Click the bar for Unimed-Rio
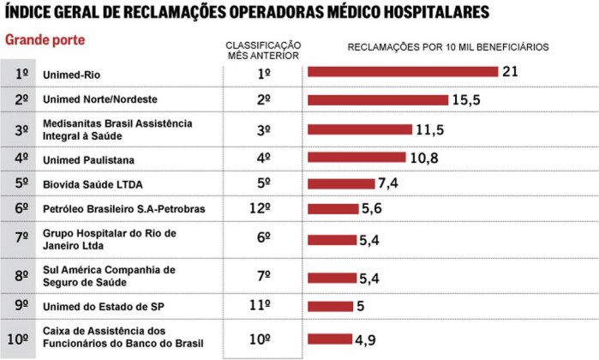pos(403,72)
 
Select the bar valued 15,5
pos(377,99)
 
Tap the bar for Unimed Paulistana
pos(356,158)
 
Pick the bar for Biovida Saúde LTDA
pos(341,183)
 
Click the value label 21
pos(511,71)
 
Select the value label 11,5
pos(431,129)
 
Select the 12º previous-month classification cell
pos(263,208)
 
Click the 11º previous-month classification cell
pos(263,306)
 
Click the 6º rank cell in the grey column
pos(20,208)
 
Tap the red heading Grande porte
pos(45,40)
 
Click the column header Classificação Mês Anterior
pos(263,50)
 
